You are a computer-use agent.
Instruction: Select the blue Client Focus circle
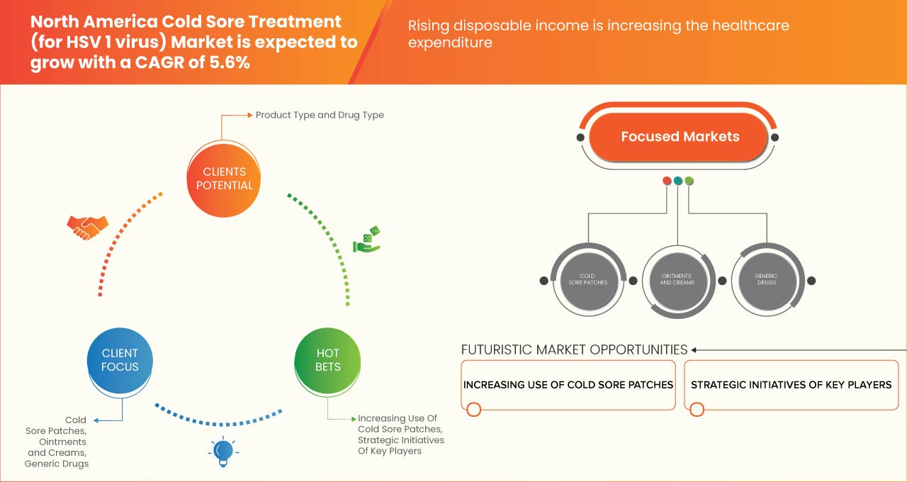(120, 360)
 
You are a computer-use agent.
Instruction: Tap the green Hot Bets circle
(327, 360)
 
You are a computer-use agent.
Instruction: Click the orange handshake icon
(87, 227)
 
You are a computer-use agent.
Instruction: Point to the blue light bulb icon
(223, 451)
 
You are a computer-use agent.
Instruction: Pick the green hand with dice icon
(367, 240)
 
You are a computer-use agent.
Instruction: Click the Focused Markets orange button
(679, 137)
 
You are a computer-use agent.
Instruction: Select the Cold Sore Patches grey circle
(587, 279)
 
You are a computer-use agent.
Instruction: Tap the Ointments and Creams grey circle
(677, 279)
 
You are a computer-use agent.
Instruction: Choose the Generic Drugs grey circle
(766, 279)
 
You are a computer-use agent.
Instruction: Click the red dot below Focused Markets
(667, 181)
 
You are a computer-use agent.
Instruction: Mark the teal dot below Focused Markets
(678, 181)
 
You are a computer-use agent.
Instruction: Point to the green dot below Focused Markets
(689, 181)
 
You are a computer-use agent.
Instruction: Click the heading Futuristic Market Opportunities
(574, 349)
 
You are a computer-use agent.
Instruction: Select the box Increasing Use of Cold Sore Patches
(568, 385)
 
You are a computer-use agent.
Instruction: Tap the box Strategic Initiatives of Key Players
(791, 385)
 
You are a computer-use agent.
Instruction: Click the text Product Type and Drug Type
(320, 115)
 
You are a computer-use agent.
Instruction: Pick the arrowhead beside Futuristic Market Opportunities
(695, 349)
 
